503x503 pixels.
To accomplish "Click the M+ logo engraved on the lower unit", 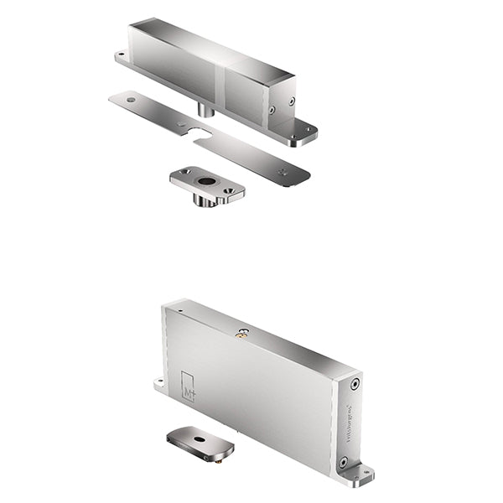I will (x=188, y=386).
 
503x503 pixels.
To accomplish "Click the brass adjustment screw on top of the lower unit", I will (x=244, y=333).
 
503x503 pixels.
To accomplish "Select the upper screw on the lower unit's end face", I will (x=354, y=384).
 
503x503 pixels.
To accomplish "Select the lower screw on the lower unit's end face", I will (x=342, y=461).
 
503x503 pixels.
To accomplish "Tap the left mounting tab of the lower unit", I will (x=158, y=386).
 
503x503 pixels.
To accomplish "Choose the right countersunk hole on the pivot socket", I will (x=226, y=191).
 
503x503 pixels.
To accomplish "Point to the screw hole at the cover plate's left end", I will (x=130, y=99).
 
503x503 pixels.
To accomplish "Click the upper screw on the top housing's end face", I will (x=292, y=101).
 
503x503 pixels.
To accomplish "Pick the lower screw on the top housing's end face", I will (x=272, y=109).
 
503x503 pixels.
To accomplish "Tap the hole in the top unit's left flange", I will (x=123, y=58).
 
